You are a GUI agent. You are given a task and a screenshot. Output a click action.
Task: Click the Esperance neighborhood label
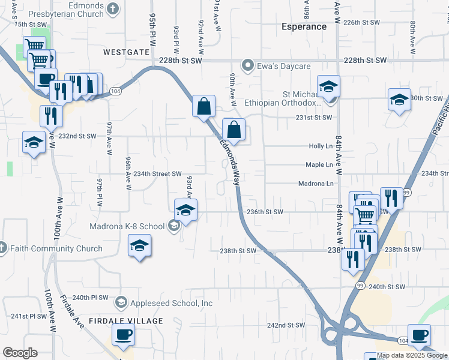tap(304, 26)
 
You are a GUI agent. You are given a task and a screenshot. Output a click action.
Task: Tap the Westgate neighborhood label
tap(126, 52)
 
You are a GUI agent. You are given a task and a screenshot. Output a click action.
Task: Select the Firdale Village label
tap(126, 321)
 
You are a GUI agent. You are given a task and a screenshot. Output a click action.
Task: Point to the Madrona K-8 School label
tap(127, 226)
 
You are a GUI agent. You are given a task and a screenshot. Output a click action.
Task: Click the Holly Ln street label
tap(320, 146)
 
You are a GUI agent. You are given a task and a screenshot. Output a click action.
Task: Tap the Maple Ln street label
tap(319, 164)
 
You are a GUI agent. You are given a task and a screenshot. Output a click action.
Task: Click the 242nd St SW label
tap(286, 325)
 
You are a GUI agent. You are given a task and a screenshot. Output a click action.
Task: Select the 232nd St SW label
tap(77, 136)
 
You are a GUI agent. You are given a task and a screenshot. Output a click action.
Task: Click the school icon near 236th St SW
tap(186, 210)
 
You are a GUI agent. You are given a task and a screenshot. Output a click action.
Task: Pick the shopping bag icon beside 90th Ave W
tap(234, 129)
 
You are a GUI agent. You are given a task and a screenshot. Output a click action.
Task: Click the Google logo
tap(20, 353)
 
